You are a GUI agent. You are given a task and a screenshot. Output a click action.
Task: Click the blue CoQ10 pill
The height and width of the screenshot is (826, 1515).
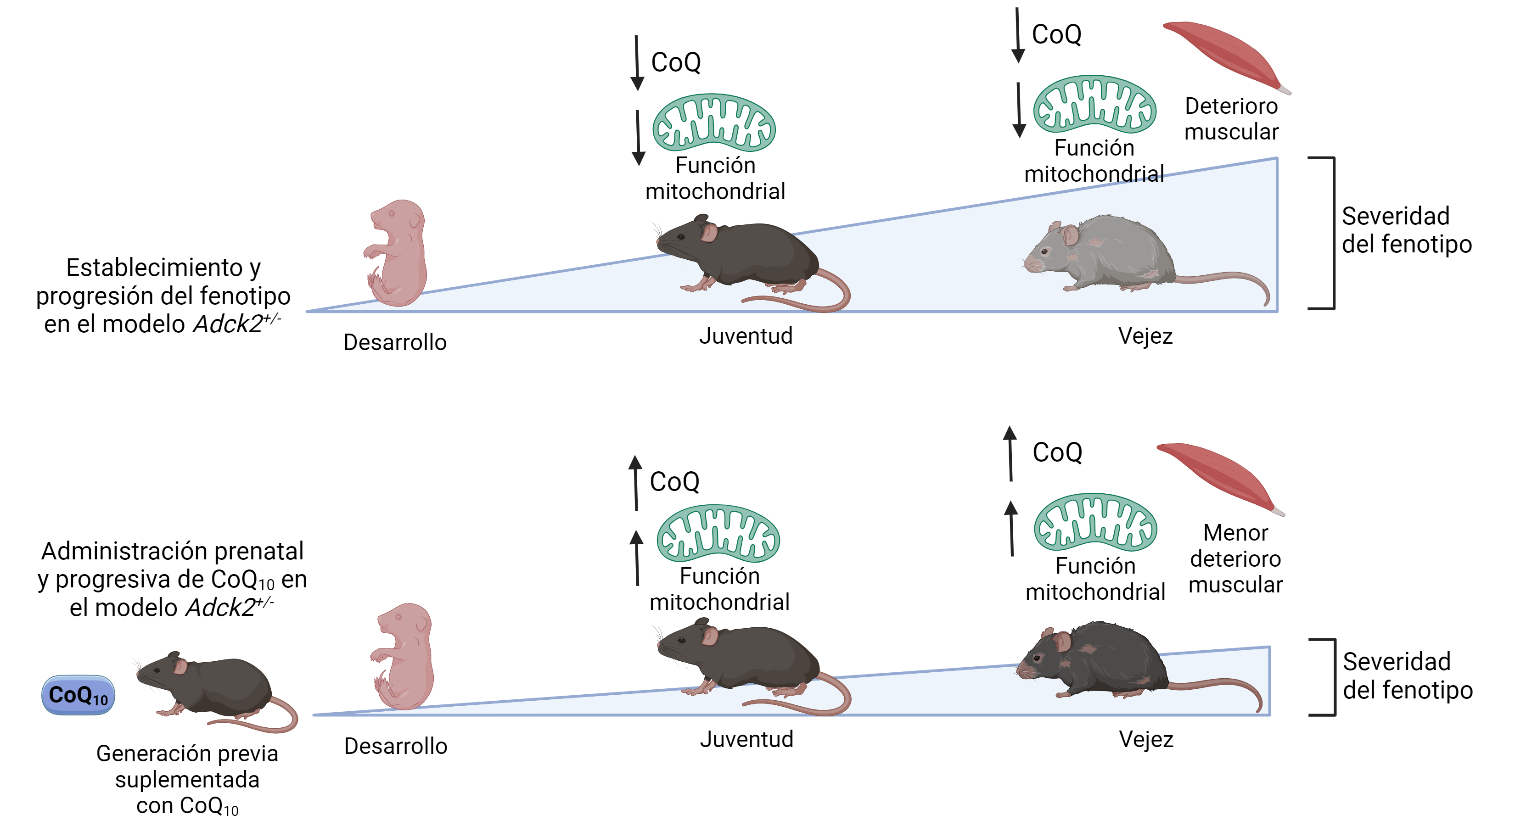[78, 694]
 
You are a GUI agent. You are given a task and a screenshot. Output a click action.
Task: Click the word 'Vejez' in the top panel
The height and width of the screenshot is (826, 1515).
[1145, 336]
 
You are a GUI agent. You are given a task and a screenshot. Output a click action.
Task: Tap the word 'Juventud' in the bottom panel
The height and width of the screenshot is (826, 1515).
[746, 739]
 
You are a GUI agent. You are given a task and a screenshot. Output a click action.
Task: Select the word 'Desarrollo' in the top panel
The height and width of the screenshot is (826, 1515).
[395, 342]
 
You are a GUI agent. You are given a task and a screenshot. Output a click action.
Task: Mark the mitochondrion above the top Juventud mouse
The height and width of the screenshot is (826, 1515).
[714, 122]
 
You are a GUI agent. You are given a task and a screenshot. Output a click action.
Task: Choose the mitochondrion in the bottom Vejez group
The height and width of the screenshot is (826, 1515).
[1095, 522]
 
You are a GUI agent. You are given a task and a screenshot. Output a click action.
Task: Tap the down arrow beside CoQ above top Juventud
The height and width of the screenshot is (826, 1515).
[637, 62]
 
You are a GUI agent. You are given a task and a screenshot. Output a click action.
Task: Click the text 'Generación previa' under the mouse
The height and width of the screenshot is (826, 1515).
[187, 753]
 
